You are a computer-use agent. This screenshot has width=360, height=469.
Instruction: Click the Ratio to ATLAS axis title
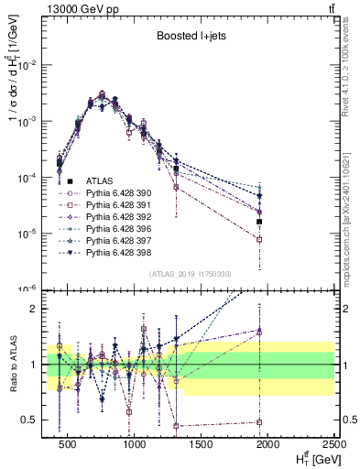point(13,364)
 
